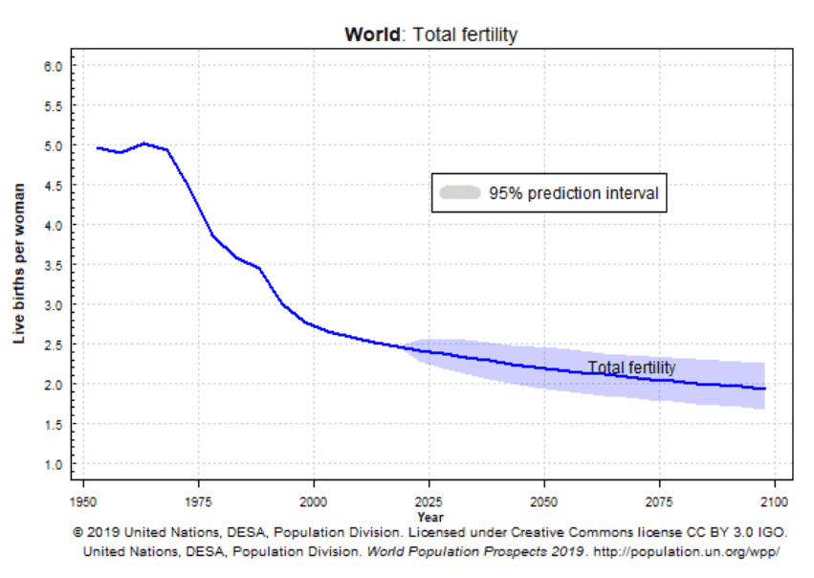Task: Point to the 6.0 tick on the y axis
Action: [54, 66]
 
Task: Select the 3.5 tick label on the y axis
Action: [54, 265]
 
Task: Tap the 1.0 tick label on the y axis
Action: [54, 464]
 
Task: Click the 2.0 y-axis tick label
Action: [54, 385]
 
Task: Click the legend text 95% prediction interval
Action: [574, 192]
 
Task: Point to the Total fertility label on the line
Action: [631, 367]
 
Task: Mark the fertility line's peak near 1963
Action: [144, 144]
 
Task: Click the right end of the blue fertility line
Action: [764, 389]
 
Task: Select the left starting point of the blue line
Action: [98, 148]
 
